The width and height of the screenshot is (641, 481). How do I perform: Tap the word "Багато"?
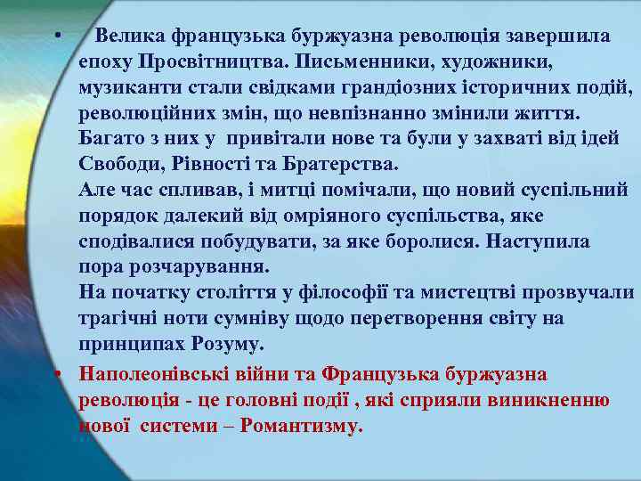pos(110,139)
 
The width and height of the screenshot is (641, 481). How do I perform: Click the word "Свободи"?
pos(115,165)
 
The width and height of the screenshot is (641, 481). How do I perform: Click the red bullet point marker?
pos(55,375)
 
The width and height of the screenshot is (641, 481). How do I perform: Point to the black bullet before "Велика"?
pos(55,37)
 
